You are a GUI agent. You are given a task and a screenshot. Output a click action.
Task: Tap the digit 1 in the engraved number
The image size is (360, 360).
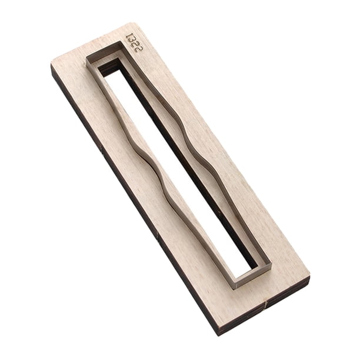(131, 36)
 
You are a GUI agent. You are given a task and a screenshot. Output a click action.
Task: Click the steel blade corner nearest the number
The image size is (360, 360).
(121, 42)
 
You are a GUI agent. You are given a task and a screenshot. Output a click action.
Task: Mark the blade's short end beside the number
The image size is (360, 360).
(104, 49)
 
